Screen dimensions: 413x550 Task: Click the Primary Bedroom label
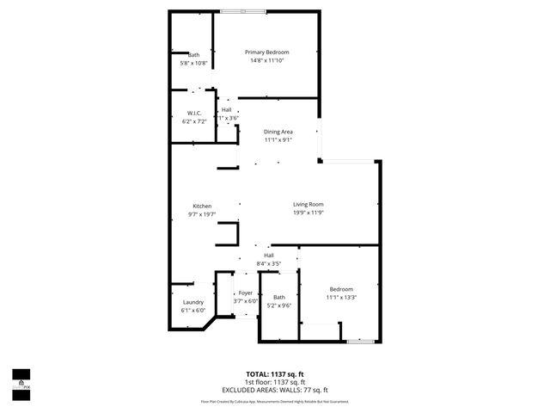266,52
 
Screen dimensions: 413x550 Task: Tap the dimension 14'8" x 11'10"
266,60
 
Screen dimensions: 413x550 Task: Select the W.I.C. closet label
193,114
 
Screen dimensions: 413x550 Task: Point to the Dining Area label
278,131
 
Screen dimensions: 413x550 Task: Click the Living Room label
308,204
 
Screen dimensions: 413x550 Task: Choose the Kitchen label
202,206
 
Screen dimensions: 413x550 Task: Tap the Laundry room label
192,302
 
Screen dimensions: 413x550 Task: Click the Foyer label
246,293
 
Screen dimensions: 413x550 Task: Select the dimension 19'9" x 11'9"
308,213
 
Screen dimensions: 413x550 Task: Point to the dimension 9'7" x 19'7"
202,214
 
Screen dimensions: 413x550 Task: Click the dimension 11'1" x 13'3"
340,297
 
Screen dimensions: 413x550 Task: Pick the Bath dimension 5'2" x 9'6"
279,305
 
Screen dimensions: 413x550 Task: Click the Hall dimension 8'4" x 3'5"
268,263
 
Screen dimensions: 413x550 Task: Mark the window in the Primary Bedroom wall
241,11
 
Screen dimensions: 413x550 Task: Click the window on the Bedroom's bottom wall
360,342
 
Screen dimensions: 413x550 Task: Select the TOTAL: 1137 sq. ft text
275,374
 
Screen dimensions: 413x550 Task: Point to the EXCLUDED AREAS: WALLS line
275,389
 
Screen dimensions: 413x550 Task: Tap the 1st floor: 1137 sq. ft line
275,382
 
